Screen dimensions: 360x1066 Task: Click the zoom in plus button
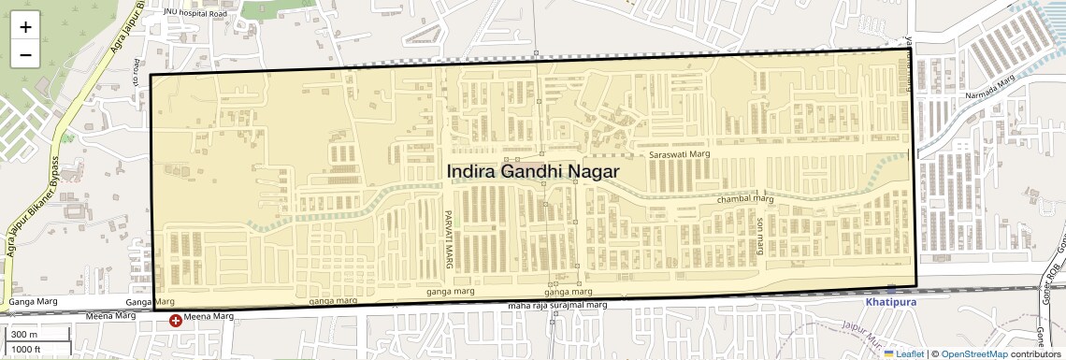click(x=25, y=27)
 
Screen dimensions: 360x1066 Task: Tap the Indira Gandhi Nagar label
click(x=532, y=172)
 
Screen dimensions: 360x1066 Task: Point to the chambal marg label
click(x=745, y=199)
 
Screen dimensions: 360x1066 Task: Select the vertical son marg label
click(x=760, y=238)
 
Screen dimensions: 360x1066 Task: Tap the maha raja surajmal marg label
click(x=557, y=306)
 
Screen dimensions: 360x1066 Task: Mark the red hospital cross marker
click(x=175, y=321)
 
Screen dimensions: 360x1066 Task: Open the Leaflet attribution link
click(x=903, y=353)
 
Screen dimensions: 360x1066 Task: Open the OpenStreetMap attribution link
click(x=974, y=353)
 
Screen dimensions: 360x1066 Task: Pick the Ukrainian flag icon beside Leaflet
click(x=889, y=353)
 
